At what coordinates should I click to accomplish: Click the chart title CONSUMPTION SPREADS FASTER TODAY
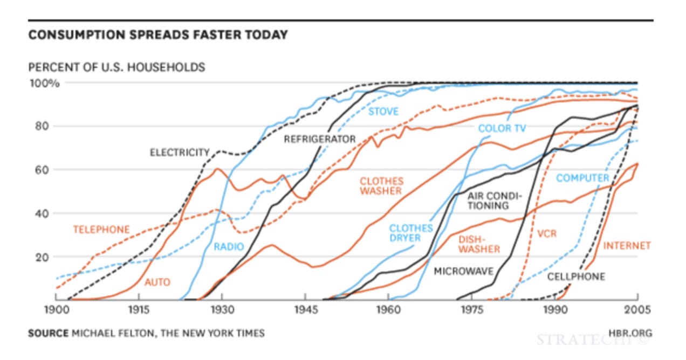click(157, 35)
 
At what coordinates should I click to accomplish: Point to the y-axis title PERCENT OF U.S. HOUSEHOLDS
click(116, 67)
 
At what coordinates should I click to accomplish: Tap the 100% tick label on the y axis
click(44, 84)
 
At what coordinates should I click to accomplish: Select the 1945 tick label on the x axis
click(305, 311)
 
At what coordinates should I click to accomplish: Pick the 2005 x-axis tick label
click(637, 311)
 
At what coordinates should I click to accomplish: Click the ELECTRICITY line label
click(179, 153)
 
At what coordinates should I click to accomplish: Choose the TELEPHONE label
click(101, 230)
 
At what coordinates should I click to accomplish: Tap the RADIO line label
click(229, 247)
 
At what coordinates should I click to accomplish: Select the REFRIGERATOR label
click(320, 139)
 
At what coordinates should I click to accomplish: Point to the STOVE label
click(383, 112)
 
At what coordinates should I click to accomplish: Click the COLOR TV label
click(502, 128)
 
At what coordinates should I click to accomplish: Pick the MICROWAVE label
click(463, 271)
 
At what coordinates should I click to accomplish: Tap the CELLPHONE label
click(576, 276)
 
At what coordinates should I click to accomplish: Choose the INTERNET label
click(627, 246)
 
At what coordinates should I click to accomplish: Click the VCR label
click(546, 234)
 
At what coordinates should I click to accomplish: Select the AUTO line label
click(157, 282)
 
